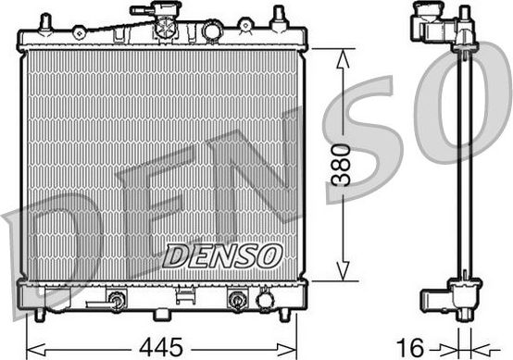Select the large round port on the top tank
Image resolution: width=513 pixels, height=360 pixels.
pyautogui.click(x=212, y=32)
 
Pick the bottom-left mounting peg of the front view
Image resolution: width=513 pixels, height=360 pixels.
pyautogui.click(x=39, y=316)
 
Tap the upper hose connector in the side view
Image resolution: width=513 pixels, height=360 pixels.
pyautogui.click(x=428, y=23)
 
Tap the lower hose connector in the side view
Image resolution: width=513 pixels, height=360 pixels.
pyautogui.click(x=435, y=298)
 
